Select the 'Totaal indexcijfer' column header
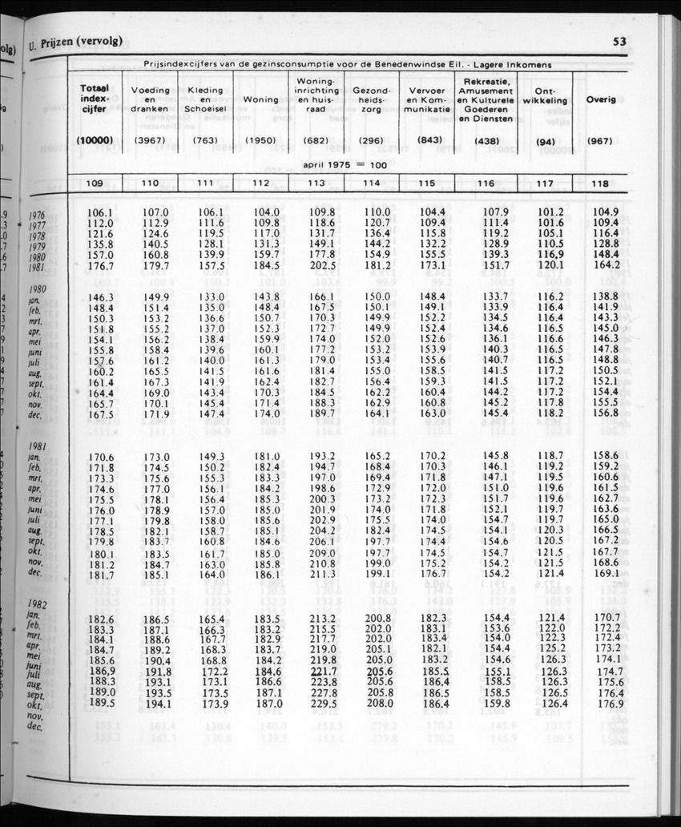95,100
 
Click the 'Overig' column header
600,100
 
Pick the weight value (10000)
95,141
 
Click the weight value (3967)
150,141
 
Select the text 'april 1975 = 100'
345,165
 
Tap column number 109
95,184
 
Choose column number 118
599,184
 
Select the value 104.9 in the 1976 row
606,212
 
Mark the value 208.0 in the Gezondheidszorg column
377,704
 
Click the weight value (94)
545,142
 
